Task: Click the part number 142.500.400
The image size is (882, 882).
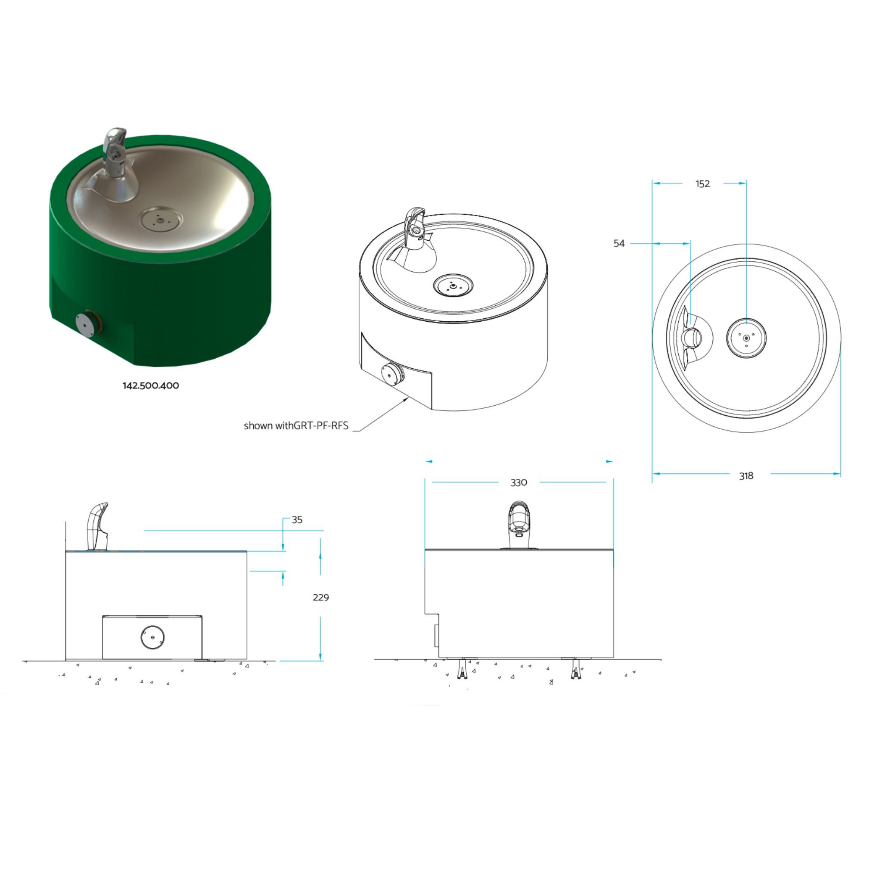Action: click(x=151, y=386)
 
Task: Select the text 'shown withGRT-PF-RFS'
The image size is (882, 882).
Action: click(x=296, y=425)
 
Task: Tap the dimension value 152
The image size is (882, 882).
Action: click(x=702, y=184)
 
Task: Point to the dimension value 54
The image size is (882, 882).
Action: click(x=618, y=243)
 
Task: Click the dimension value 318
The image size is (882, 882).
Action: click(x=746, y=476)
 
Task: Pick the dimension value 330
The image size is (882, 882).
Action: click(x=519, y=482)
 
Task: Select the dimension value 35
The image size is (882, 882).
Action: click(x=297, y=519)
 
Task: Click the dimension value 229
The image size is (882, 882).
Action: click(x=320, y=598)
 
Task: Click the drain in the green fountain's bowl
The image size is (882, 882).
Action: click(x=160, y=220)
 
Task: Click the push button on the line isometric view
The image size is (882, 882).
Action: click(x=391, y=374)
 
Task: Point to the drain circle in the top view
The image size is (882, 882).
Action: click(x=746, y=338)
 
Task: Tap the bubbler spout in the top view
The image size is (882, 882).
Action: click(x=691, y=338)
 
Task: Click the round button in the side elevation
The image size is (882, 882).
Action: click(x=152, y=637)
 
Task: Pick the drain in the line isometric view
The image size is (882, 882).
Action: click(x=453, y=286)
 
